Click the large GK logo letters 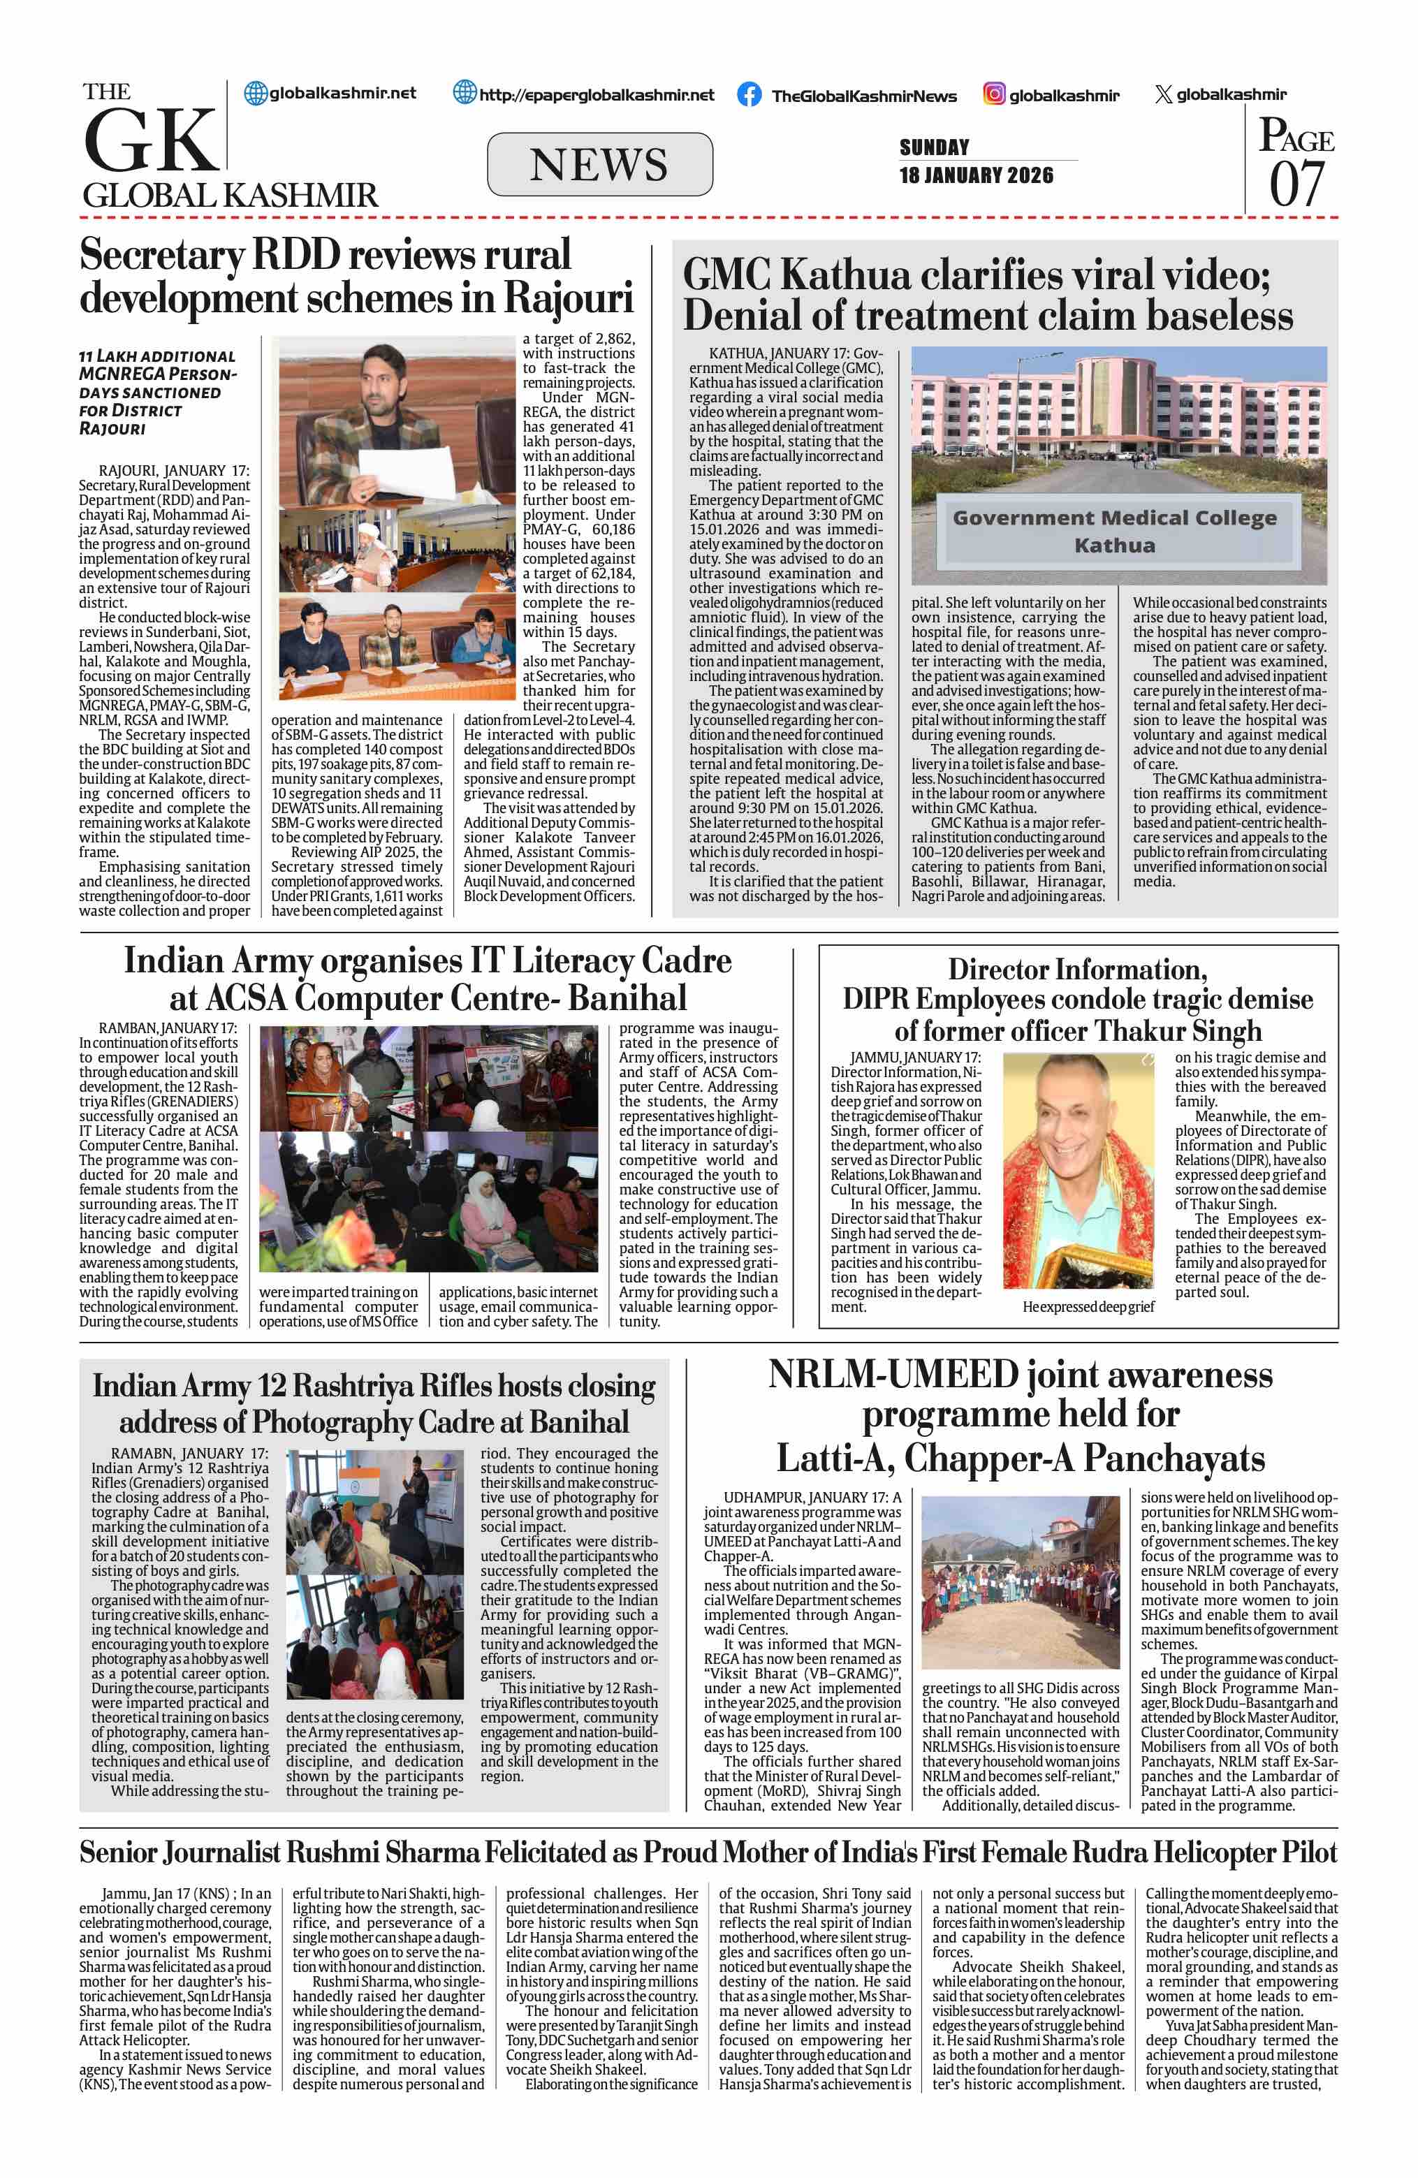(152, 139)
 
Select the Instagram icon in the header (995, 94)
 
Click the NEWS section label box (599, 165)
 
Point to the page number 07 (1296, 184)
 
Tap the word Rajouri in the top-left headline (568, 298)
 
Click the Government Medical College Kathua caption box (1114, 532)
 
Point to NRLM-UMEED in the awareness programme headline (893, 1375)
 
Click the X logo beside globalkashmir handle (1163, 94)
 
